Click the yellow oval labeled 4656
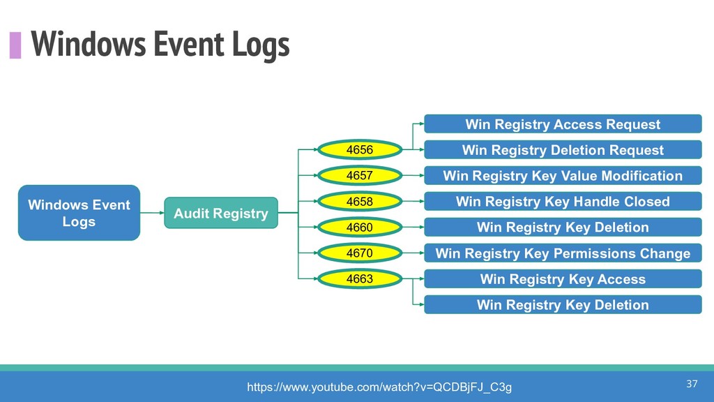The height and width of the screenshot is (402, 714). tap(360, 149)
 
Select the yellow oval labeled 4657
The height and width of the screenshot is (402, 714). tap(360, 175)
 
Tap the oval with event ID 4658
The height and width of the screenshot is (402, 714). tap(360, 201)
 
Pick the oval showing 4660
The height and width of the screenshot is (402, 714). tap(360, 227)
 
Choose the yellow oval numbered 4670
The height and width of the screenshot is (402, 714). tap(360, 253)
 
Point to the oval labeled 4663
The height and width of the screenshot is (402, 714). tap(360, 278)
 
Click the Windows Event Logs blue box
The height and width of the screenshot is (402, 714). tap(79, 213)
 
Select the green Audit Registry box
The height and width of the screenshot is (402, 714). tap(221, 213)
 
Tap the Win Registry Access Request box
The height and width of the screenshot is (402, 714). tap(563, 124)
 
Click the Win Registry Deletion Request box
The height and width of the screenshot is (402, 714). tap(563, 150)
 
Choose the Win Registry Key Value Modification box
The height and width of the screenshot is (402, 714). tap(563, 175)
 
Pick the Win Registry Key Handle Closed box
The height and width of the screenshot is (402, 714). tap(563, 202)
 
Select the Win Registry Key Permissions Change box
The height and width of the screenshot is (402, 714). tap(563, 253)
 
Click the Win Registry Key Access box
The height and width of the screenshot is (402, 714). tap(563, 279)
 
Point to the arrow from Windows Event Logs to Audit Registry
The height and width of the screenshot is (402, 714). tap(152, 213)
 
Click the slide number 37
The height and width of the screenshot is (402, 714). tap(692, 384)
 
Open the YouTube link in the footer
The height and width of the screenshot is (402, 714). tap(379, 387)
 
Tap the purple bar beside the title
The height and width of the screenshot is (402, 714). tap(15, 45)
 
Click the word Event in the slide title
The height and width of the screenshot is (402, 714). tap(188, 44)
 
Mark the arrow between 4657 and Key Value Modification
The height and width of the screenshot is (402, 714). tap(413, 175)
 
